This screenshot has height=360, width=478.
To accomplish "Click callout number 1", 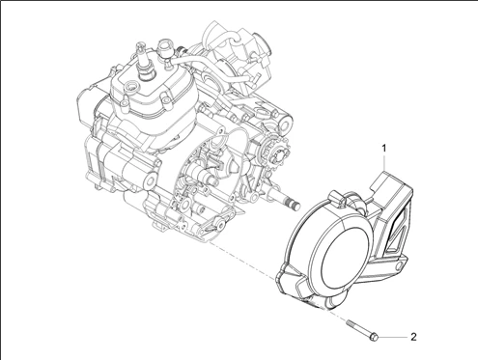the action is coord(383,149).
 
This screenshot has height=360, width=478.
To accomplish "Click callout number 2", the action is coord(413,337).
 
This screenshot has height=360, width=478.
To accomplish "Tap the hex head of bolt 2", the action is coord(373,338).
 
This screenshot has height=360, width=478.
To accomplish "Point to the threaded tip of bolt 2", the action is coord(349,322).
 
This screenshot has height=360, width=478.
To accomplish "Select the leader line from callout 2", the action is coord(392,337).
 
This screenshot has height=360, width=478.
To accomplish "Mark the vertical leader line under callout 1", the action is coord(383,163).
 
